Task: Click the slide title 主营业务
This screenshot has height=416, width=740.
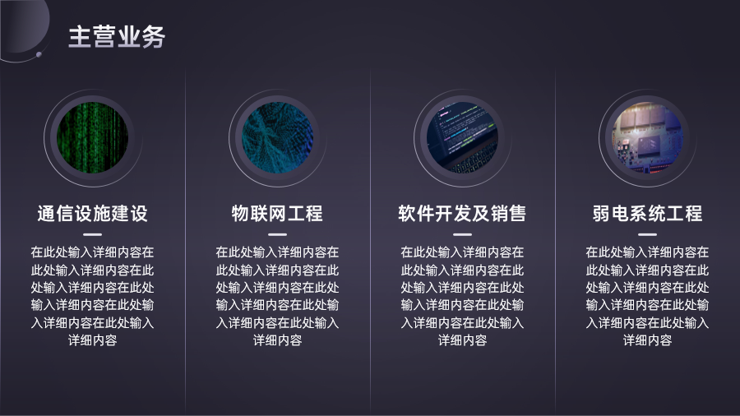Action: (x=117, y=37)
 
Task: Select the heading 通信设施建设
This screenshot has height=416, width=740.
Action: (x=92, y=214)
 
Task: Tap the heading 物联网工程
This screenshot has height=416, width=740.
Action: (x=278, y=214)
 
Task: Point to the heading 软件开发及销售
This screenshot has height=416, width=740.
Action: (x=462, y=214)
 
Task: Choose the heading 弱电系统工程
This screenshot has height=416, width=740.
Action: (x=648, y=214)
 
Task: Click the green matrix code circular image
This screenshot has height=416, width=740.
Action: (x=92, y=138)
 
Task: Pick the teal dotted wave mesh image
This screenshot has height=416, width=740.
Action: (x=278, y=138)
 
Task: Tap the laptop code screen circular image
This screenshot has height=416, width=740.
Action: (x=462, y=138)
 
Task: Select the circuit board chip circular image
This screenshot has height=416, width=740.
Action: (x=648, y=138)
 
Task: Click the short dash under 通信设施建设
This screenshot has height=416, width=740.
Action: (x=92, y=234)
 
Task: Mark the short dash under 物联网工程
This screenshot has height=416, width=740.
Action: (x=278, y=234)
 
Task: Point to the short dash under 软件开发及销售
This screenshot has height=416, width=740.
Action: (x=462, y=234)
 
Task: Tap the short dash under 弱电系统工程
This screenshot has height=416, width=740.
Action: (x=648, y=234)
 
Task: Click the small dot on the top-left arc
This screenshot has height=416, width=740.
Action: (x=39, y=55)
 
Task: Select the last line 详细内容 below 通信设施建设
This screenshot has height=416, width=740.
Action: (x=92, y=340)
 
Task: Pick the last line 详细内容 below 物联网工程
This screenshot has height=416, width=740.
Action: (x=278, y=340)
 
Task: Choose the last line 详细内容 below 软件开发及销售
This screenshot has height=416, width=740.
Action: (x=462, y=340)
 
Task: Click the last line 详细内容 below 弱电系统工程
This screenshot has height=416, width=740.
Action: (x=648, y=340)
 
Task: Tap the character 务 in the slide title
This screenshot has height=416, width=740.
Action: (x=154, y=37)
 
